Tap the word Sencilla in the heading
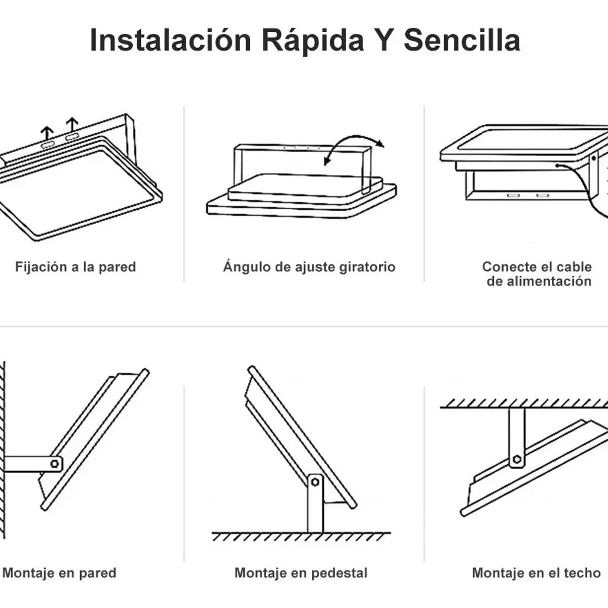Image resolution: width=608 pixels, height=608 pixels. click(x=462, y=41)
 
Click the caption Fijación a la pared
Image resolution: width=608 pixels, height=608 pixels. click(x=75, y=267)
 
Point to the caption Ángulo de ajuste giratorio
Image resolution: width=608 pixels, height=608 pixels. click(x=309, y=267)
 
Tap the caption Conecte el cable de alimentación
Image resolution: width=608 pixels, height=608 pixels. click(x=537, y=274)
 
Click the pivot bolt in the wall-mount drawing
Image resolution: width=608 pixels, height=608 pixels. click(x=54, y=463)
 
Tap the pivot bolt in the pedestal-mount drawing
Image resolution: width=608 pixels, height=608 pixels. click(x=315, y=482)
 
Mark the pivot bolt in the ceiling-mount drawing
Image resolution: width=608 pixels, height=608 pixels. click(x=517, y=459)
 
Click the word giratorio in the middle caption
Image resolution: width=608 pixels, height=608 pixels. click(x=368, y=267)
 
